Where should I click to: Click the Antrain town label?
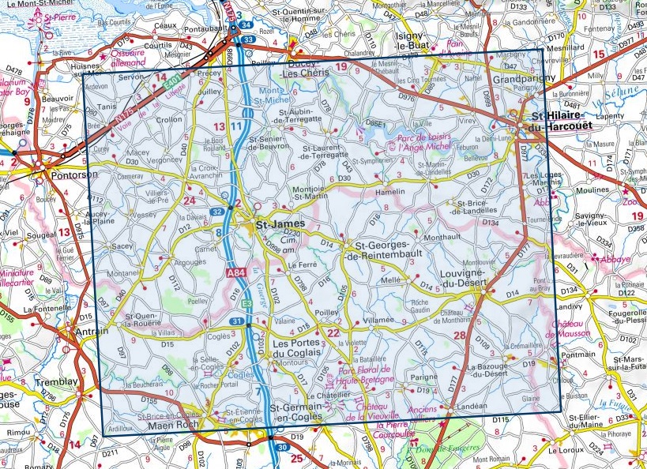pos(92,333)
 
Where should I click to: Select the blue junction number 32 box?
pos(217,212)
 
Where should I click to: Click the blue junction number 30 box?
pos(282,448)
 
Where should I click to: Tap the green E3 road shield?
pos(246,303)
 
